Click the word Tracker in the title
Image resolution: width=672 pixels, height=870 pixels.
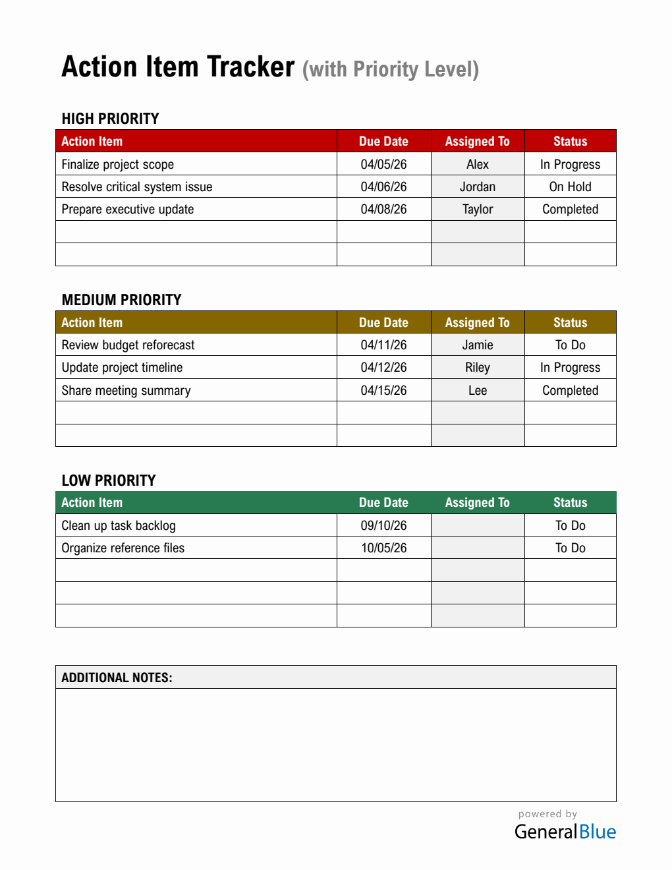250,67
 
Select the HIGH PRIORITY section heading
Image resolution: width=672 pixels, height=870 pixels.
110,119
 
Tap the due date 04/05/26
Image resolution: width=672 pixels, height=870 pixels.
383,164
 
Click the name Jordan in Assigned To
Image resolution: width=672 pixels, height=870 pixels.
478,187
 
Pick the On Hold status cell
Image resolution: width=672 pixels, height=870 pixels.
570,187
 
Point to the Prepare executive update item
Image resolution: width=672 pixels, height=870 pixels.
128,209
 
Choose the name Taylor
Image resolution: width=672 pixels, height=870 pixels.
478,209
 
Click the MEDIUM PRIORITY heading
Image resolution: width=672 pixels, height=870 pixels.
121,300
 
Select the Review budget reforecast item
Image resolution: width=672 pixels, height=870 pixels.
128,345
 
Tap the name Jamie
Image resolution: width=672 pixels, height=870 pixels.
478,345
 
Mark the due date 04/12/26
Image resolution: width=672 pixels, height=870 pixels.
383,367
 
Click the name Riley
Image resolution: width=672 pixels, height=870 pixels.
478,367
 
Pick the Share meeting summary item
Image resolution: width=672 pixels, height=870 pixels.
126,390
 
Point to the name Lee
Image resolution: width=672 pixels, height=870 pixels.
478,390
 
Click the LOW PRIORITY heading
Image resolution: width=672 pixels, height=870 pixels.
109,480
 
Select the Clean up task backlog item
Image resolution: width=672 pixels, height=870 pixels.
119,525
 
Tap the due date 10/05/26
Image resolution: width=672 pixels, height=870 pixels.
383,548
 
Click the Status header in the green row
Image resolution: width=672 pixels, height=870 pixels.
570,502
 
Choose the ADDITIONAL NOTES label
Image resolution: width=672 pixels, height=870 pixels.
117,678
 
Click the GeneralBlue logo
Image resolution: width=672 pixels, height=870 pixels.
565,831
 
